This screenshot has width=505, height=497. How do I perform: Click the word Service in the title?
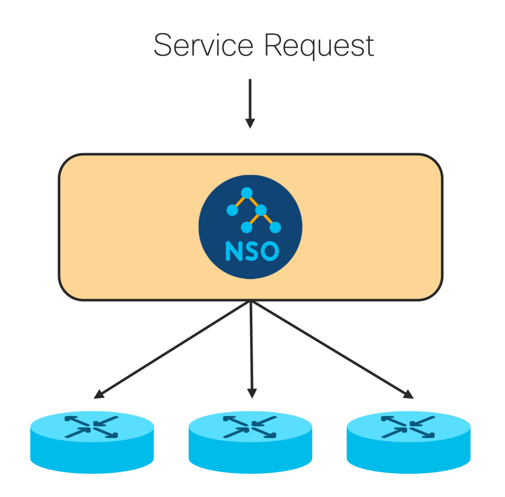pyautogui.click(x=204, y=45)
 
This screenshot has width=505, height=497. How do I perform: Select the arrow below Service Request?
pyautogui.click(x=250, y=104)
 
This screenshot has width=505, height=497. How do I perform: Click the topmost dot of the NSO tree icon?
pyautogui.click(x=247, y=193)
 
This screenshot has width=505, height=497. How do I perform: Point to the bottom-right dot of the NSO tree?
pyautogui.click(x=275, y=227)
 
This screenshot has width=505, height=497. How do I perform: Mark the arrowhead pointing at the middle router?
pyautogui.click(x=252, y=394)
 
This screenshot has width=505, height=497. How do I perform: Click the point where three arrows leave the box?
pyautogui.click(x=251, y=301)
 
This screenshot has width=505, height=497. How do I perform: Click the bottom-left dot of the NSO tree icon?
pyautogui.click(x=247, y=227)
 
